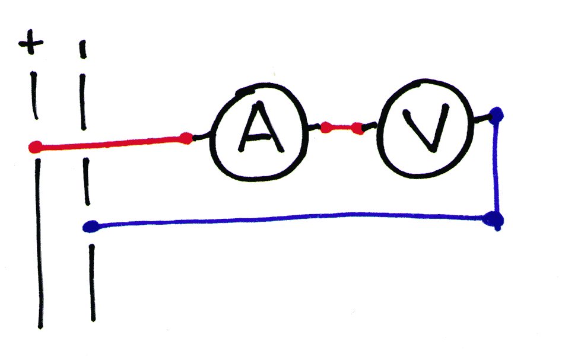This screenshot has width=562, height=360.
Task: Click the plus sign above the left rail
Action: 31,42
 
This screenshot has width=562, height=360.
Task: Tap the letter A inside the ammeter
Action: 261,127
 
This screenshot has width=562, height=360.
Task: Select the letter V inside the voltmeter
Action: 426,127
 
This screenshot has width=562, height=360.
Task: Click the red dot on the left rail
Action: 35,147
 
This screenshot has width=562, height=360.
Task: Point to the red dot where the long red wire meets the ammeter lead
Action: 186,138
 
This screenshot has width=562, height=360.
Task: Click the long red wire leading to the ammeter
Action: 110,142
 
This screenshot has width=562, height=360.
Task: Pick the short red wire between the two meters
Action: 342,128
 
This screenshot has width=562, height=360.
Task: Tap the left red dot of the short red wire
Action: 326,128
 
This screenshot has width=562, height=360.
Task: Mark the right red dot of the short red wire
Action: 357,128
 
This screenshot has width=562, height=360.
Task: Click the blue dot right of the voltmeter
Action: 496,115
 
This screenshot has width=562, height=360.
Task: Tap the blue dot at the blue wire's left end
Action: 90,227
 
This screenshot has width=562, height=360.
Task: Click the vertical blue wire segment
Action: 496,167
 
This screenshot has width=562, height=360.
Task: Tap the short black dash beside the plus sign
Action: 83,49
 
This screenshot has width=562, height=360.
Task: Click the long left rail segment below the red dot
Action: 39,244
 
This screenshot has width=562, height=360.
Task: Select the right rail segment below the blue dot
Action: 93,283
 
